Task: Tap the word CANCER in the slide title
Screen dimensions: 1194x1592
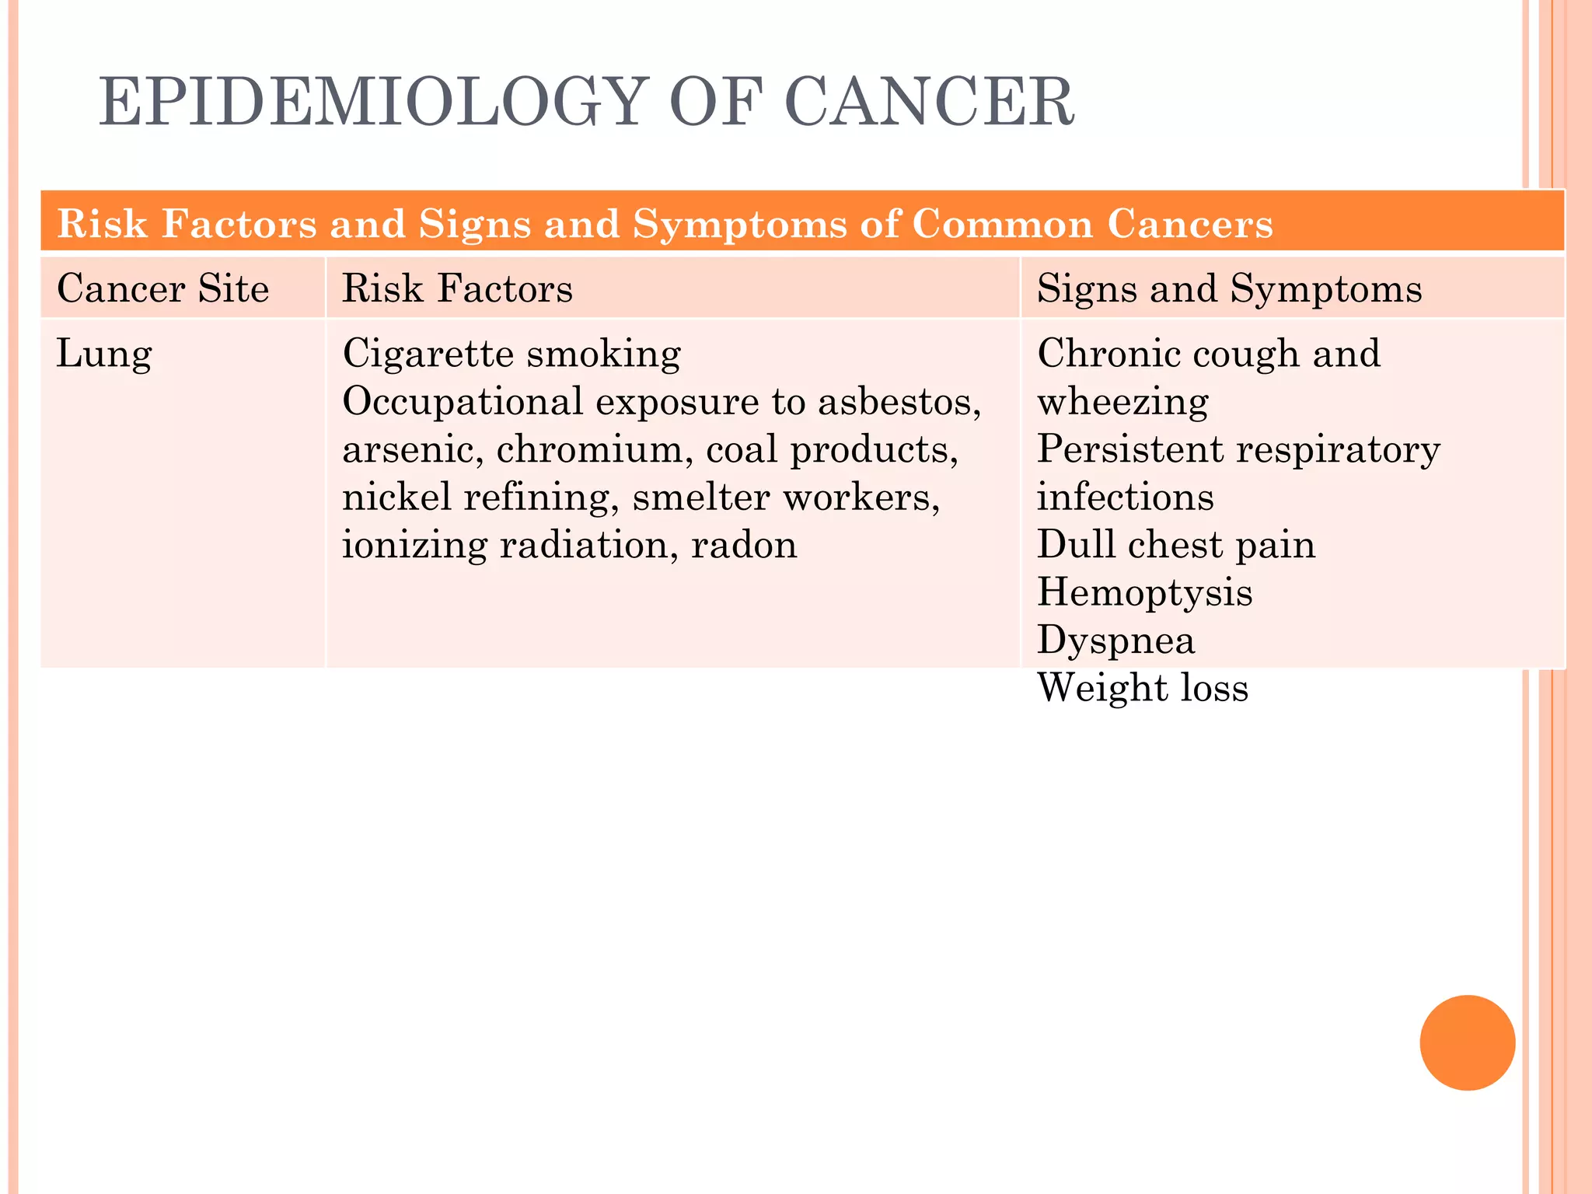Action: (929, 102)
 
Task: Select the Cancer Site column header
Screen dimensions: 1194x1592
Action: (162, 288)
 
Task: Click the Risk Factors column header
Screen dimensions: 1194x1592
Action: (457, 288)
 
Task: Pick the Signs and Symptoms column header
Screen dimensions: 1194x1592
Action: (1229, 288)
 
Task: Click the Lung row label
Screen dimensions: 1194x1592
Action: (104, 354)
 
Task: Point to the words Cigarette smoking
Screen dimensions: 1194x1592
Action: (511, 354)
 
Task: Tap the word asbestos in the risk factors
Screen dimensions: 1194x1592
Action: (898, 402)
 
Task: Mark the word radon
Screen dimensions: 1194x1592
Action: (744, 545)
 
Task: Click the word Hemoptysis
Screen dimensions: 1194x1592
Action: (1144, 593)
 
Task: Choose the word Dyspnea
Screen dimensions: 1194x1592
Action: (1115, 641)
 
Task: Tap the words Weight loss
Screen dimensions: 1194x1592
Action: (1143, 688)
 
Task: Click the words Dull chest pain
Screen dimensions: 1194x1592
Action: (1176, 545)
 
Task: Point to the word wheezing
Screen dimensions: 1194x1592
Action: (1122, 402)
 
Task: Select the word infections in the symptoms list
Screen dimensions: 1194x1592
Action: (1125, 497)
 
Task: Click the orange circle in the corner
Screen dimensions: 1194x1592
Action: (1467, 1042)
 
